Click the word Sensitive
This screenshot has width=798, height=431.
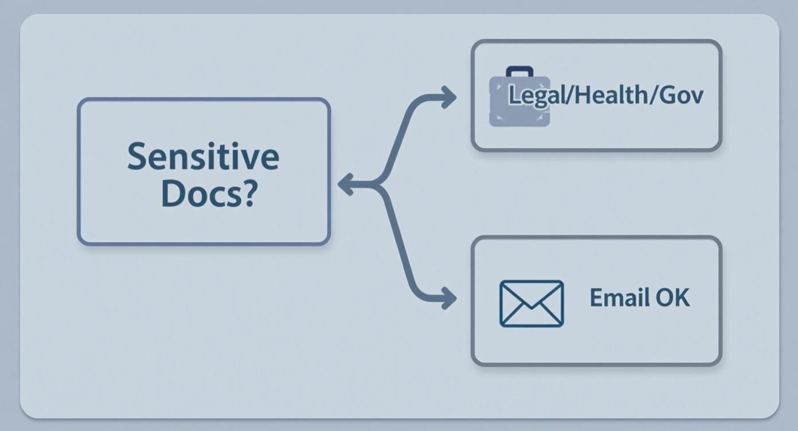[203, 156]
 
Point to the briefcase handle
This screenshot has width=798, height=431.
[519, 72]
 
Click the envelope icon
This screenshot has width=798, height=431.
[531, 303]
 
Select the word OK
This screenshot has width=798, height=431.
[672, 298]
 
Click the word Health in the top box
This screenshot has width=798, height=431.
[610, 95]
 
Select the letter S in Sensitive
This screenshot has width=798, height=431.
[137, 156]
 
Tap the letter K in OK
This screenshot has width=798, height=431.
[682, 298]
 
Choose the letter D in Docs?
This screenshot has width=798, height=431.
[173, 194]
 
